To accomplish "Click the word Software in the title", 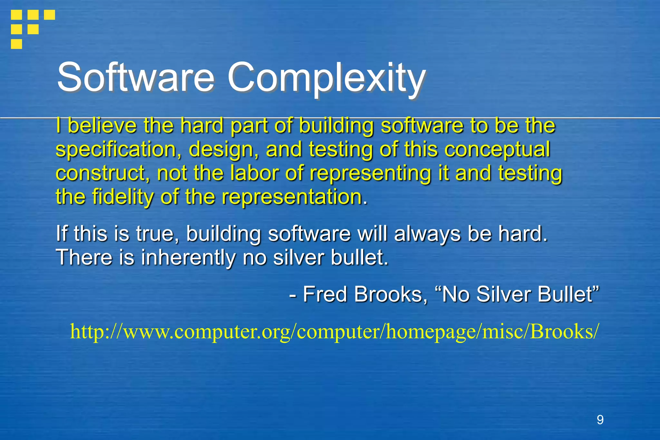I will (x=135, y=77).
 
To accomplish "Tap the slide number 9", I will (x=600, y=420).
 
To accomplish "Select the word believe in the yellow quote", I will (x=102, y=125).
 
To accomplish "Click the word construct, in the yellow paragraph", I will (x=103, y=173).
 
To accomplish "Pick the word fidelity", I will (x=122, y=197).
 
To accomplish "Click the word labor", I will (x=255, y=173).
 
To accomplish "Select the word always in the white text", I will (x=427, y=233).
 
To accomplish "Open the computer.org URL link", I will (x=335, y=331).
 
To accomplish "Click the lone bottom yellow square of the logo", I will (x=16, y=44).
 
